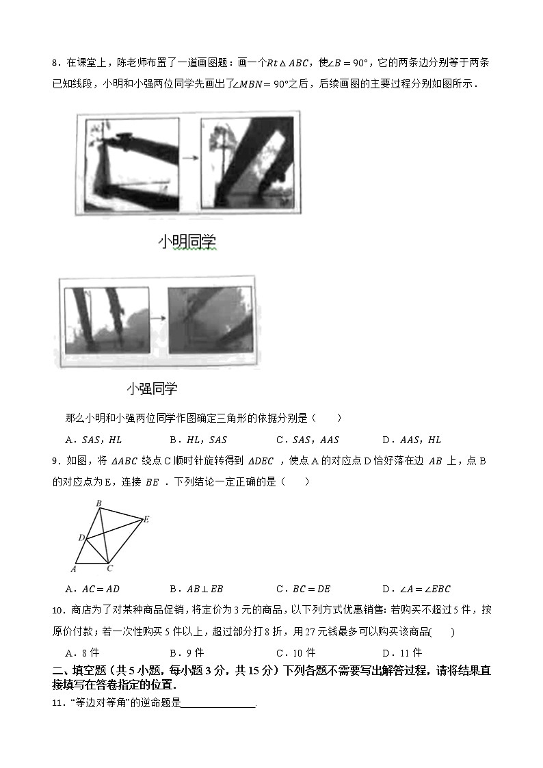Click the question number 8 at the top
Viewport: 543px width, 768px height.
point(55,64)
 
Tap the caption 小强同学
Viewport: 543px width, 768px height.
point(152,388)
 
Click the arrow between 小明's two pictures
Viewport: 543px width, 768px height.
point(189,158)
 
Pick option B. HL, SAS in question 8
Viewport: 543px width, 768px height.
point(198,440)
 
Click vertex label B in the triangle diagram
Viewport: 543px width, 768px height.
point(98,503)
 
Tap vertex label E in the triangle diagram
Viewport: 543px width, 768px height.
point(146,520)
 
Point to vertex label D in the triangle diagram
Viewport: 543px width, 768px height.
point(80,538)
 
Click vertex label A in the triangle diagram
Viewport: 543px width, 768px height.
point(74,568)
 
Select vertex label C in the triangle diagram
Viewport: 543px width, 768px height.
point(110,568)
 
